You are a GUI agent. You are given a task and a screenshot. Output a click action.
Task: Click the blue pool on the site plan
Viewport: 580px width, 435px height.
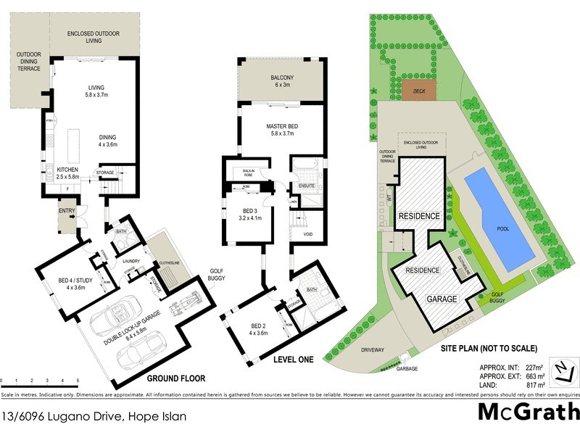(x=498, y=217)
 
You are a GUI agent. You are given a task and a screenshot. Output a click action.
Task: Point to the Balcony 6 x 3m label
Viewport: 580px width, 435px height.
(x=273, y=81)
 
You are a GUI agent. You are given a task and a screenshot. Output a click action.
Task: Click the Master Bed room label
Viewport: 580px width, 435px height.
(x=273, y=130)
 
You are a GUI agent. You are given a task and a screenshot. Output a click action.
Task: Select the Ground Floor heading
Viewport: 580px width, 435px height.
(x=176, y=378)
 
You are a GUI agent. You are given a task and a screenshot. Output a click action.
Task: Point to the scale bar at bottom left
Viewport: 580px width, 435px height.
(x=39, y=380)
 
